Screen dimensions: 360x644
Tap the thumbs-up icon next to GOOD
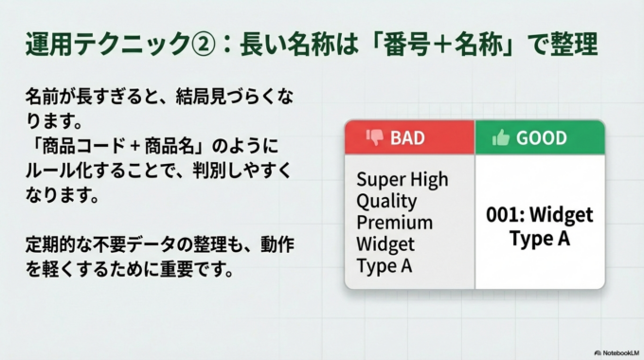tap(501, 137)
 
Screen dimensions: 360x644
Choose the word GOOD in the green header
tap(542, 137)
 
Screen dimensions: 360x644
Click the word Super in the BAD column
tap(379, 179)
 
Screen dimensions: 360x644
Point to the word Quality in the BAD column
tap(386, 201)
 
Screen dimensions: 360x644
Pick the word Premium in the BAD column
tap(394, 223)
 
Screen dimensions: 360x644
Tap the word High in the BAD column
tap(428, 179)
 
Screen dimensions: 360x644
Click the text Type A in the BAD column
tap(384, 265)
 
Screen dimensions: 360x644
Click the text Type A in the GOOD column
tap(539, 238)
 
